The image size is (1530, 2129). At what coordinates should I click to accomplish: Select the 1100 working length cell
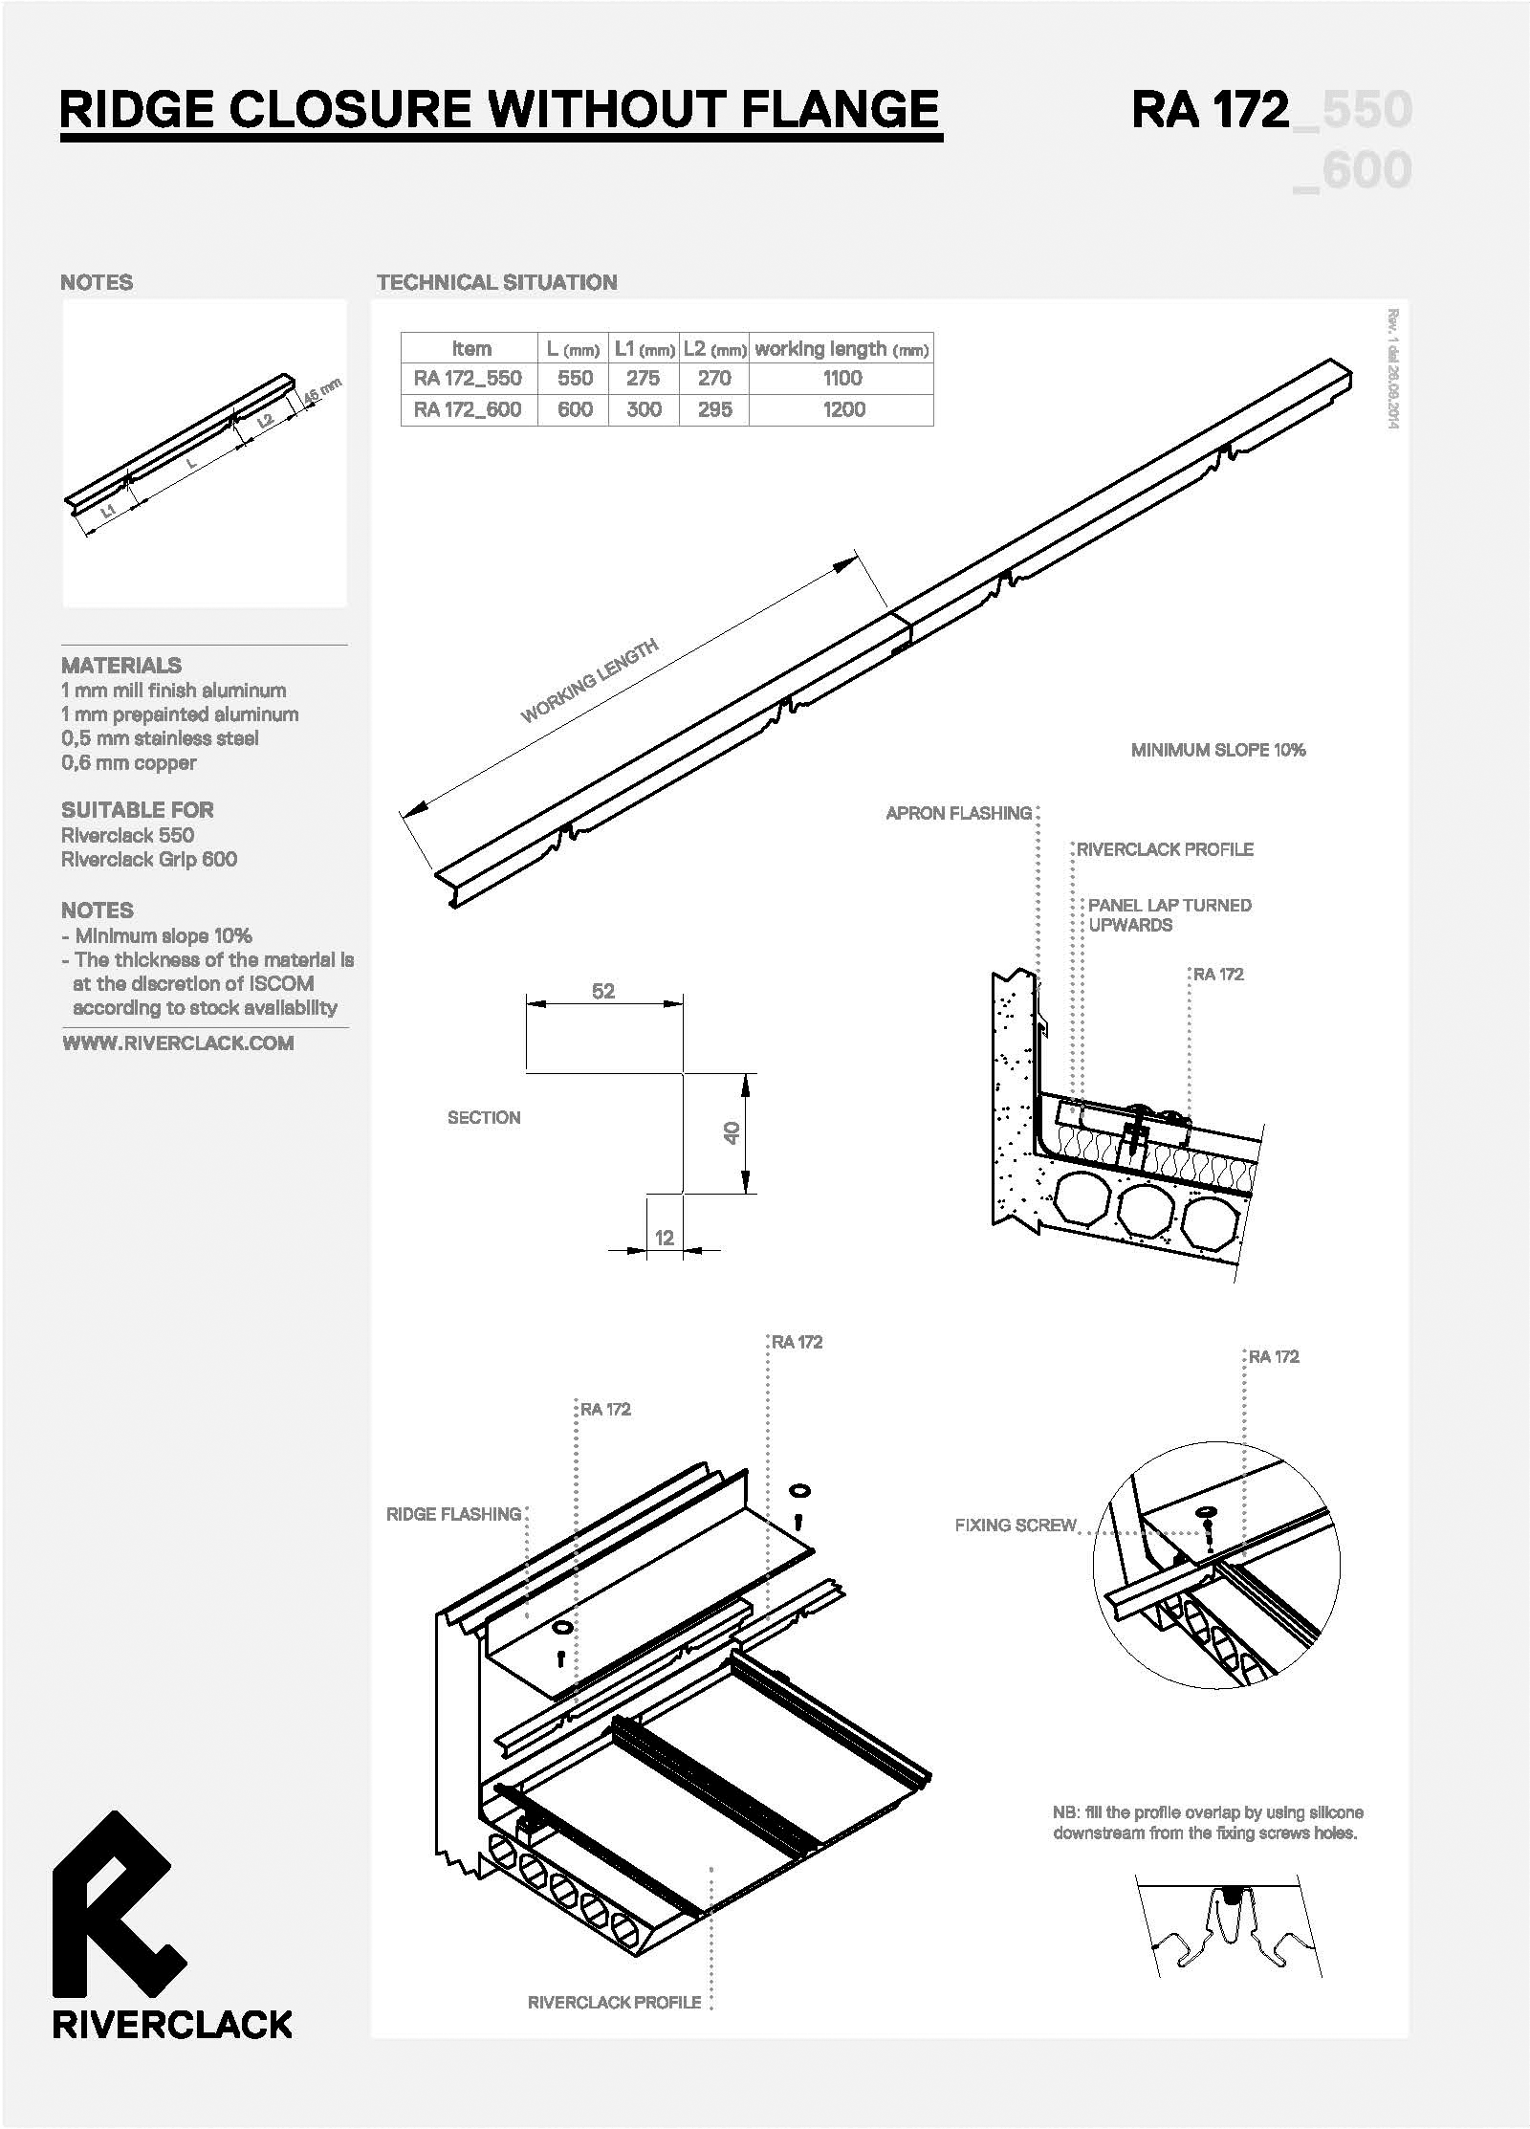coord(841,378)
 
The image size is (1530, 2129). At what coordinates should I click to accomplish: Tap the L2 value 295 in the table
coord(714,409)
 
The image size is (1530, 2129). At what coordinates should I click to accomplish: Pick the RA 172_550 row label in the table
coord(468,378)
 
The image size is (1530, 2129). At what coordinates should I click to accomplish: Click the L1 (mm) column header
coord(645,349)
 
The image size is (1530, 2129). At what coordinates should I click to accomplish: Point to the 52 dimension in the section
coord(603,991)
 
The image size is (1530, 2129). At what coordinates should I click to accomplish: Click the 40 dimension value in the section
coord(732,1133)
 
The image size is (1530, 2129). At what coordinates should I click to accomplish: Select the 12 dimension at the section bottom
coord(665,1238)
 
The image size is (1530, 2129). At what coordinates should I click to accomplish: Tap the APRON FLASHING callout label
coord(959,813)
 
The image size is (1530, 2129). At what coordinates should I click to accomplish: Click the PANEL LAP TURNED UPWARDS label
coord(1169,914)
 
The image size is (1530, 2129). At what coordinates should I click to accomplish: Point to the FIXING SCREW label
coord(1016,1525)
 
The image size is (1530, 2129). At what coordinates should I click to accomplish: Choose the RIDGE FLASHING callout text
coord(453,1513)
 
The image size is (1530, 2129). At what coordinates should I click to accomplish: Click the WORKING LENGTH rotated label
coord(589,680)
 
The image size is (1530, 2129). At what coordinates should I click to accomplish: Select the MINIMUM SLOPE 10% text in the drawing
coord(1218,750)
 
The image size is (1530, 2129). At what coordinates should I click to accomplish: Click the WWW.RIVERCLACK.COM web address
coord(178,1043)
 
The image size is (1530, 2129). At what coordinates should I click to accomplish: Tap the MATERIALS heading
coord(121,665)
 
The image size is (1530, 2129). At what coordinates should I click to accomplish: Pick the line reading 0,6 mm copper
coord(129,762)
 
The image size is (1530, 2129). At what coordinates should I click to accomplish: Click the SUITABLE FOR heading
coord(138,809)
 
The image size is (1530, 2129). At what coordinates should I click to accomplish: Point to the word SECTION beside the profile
coord(484,1117)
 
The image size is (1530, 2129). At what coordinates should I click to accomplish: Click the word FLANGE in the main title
coord(841,108)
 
